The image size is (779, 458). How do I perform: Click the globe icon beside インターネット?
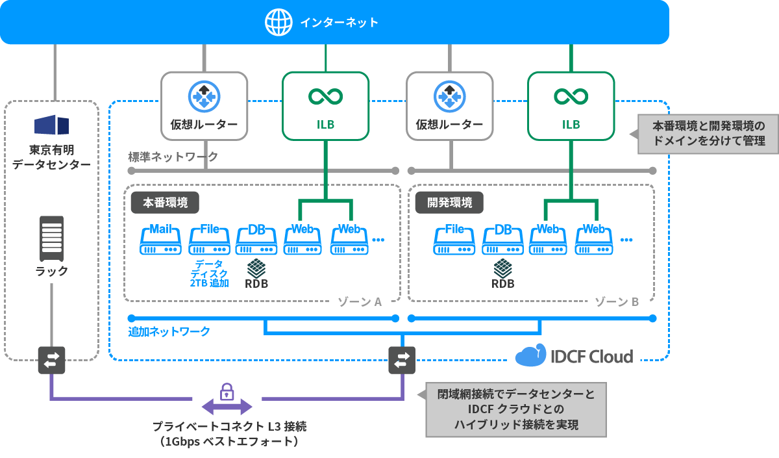point(279,22)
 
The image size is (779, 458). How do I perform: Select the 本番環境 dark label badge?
point(165,202)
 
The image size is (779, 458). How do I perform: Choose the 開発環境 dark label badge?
point(449,202)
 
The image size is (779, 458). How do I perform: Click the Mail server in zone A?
point(160,240)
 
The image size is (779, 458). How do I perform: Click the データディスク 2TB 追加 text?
point(209,273)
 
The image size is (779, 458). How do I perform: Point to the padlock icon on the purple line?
point(227,391)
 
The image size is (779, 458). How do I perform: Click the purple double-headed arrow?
point(227,407)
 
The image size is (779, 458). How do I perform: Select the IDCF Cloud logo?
point(574,356)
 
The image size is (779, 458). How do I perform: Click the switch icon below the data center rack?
point(51,359)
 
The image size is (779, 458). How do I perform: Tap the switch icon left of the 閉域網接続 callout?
point(402,359)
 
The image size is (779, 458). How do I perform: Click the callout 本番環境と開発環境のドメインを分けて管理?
point(708,133)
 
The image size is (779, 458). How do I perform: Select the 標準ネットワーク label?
point(173,157)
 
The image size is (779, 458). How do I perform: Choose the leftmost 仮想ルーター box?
point(204,105)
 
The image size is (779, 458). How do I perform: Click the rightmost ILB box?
point(571,105)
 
